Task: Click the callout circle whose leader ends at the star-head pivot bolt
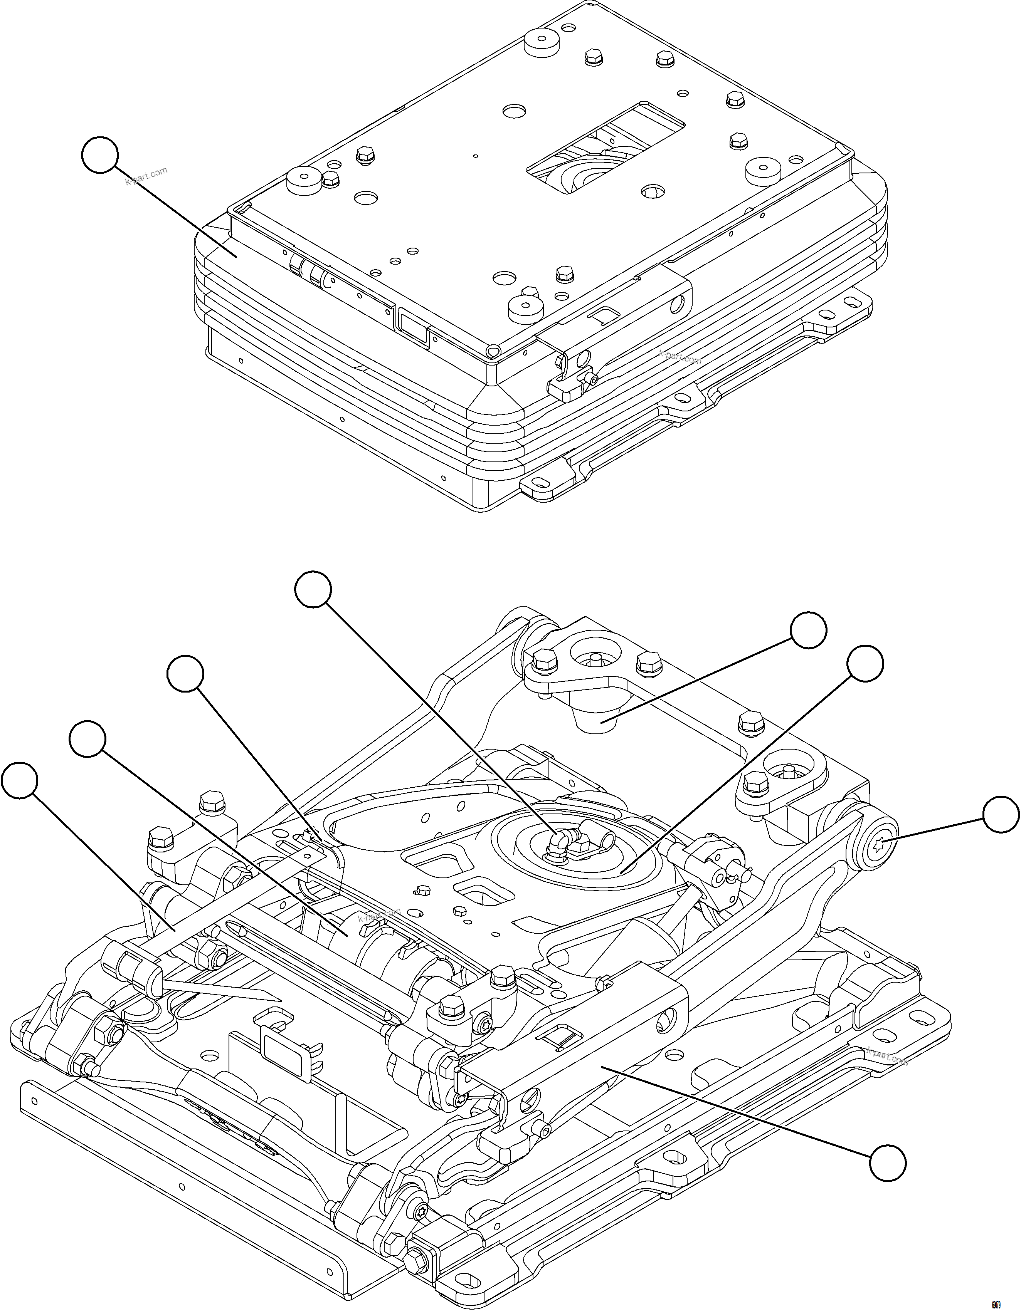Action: (1001, 815)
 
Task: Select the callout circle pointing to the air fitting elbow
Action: (313, 590)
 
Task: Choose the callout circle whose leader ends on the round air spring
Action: (865, 663)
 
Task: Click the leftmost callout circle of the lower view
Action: (19, 780)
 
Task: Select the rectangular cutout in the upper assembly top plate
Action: (606, 147)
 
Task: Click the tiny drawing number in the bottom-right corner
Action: (1011, 1301)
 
